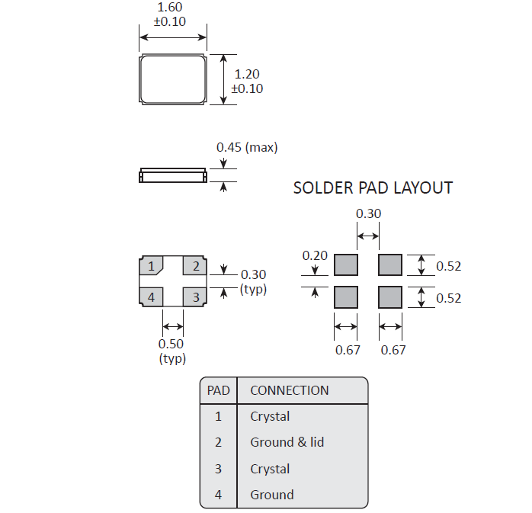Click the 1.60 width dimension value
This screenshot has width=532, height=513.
click(171, 8)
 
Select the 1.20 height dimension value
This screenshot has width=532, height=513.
click(247, 75)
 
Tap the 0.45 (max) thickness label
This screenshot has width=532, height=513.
click(247, 147)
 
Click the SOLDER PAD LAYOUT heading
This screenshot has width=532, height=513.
click(373, 188)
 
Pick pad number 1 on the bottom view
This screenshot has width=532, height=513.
click(152, 266)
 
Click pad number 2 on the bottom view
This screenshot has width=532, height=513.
click(196, 266)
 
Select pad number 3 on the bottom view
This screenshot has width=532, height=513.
click(196, 297)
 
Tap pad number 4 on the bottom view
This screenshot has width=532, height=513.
click(152, 297)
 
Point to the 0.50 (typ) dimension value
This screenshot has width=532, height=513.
click(172, 344)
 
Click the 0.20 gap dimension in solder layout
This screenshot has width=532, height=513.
click(314, 255)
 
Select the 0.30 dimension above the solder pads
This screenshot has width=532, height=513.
click(368, 214)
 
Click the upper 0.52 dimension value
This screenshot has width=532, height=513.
click(449, 266)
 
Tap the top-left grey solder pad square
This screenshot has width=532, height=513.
click(346, 265)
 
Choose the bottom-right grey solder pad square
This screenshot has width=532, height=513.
click(390, 296)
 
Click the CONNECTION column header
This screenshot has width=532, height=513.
click(290, 390)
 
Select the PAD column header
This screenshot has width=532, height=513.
click(218, 390)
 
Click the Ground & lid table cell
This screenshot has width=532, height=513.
click(287, 442)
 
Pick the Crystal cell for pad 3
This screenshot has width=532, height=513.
click(270, 469)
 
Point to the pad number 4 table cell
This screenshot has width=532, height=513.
click(218, 495)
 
